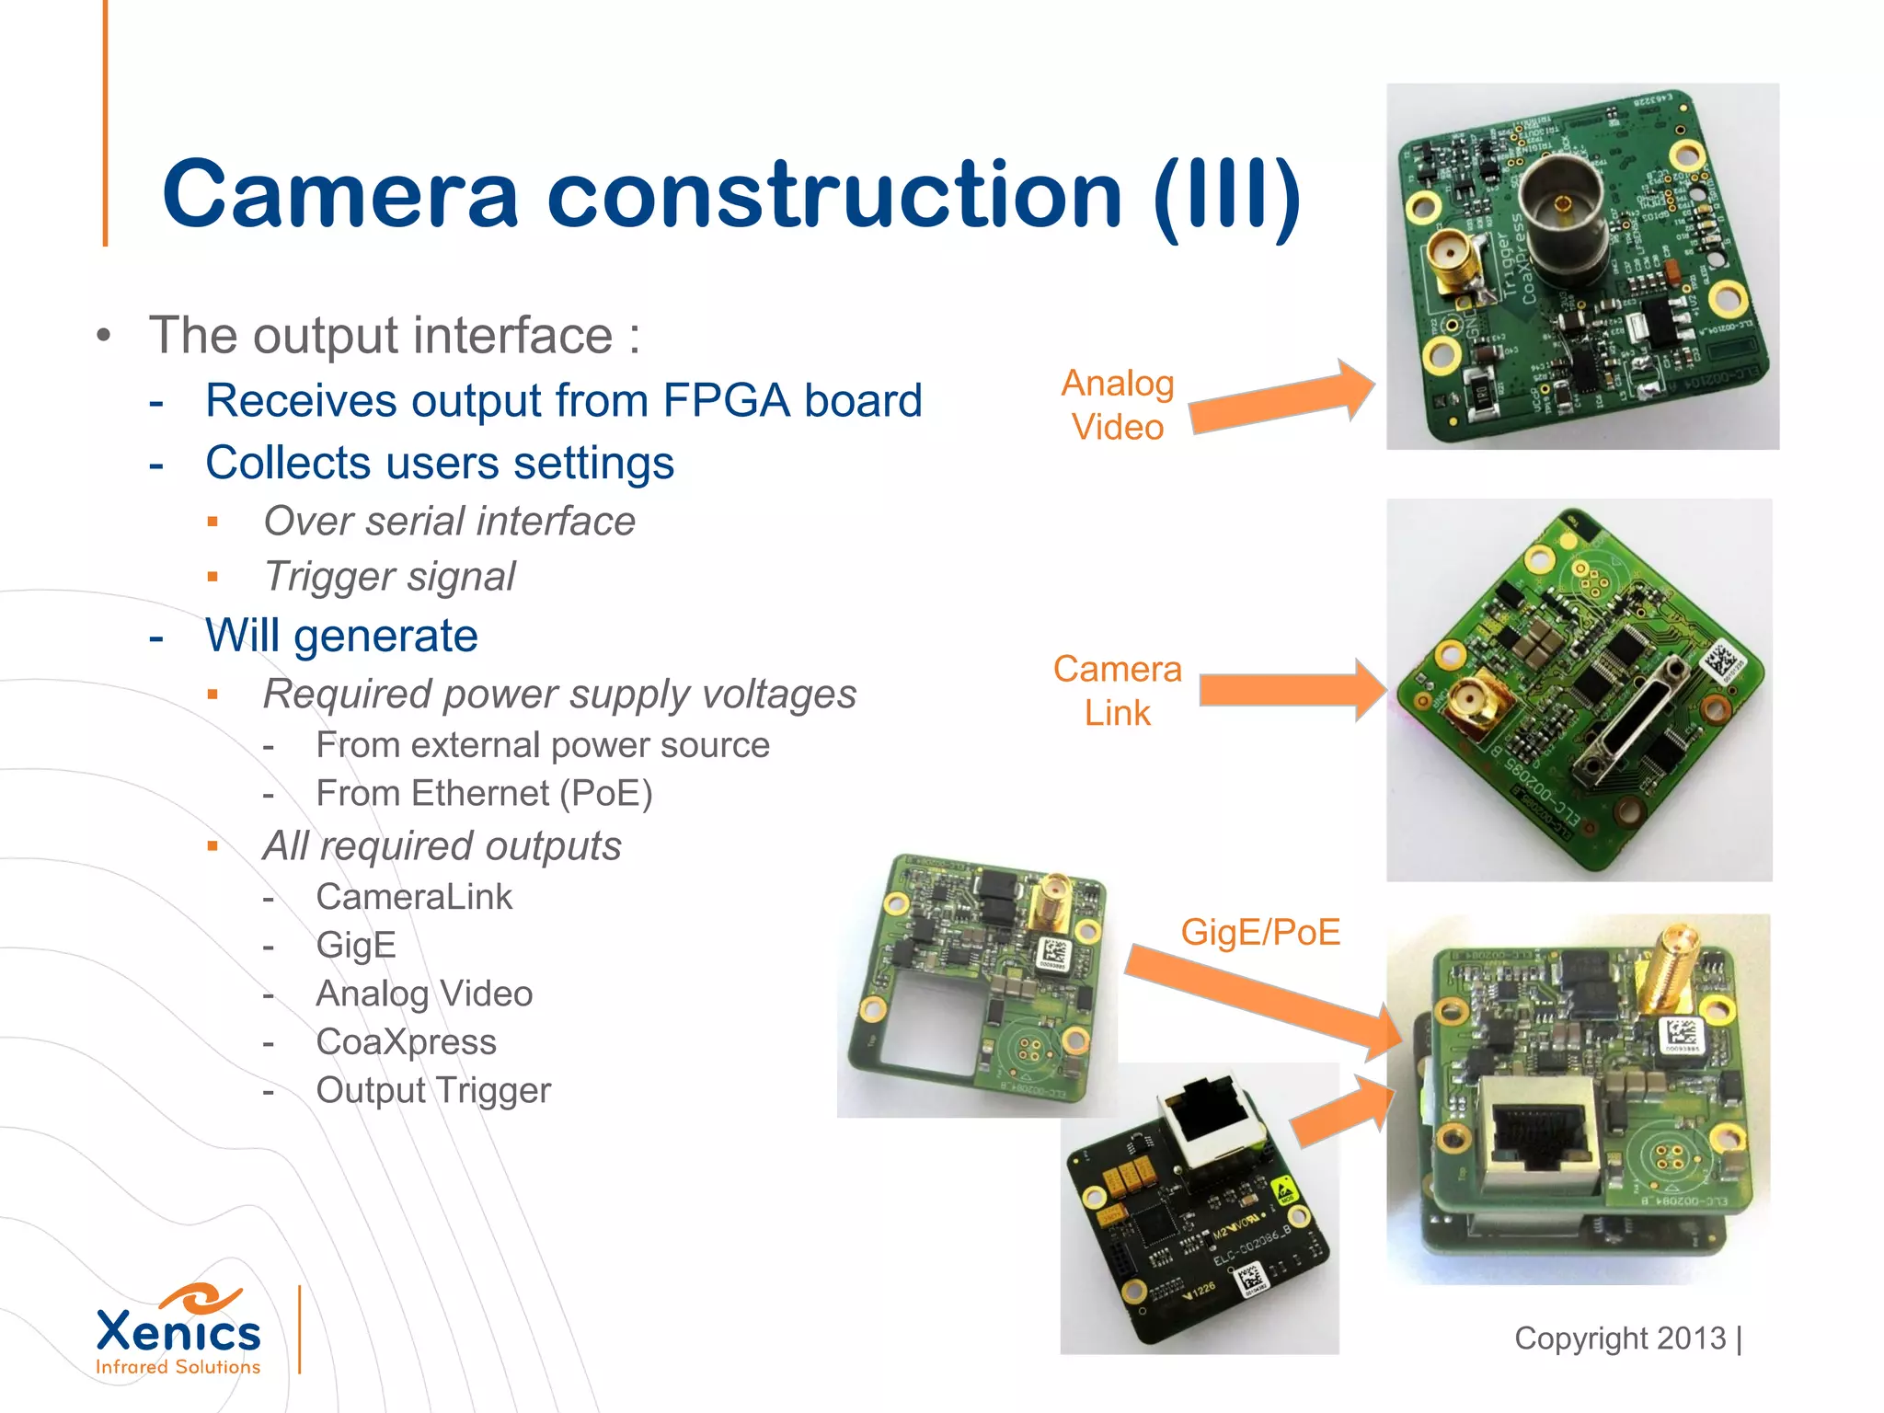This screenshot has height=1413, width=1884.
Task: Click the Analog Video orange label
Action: click(x=1118, y=406)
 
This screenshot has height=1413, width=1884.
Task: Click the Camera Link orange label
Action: click(x=1117, y=691)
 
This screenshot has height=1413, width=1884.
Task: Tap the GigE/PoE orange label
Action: click(x=1260, y=933)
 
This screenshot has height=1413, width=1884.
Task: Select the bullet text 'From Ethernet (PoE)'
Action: click(x=484, y=794)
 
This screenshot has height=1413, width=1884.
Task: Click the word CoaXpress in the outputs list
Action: click(x=406, y=1042)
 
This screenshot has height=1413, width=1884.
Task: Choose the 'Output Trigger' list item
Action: click(x=433, y=1091)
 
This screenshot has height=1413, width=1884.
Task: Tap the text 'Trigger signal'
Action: click(x=390, y=577)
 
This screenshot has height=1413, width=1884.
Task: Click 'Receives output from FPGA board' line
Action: click(x=563, y=401)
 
